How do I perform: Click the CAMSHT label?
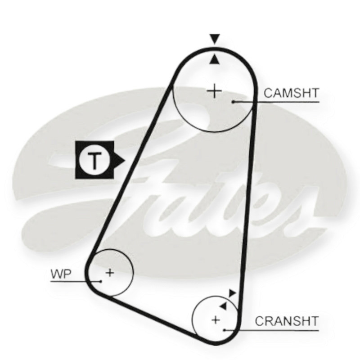(291, 93)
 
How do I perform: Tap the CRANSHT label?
(287, 321)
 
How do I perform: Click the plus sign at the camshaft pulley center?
(214, 91)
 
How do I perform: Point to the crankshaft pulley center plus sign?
(216, 320)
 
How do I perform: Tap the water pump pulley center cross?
(110, 273)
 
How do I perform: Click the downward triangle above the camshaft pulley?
(215, 39)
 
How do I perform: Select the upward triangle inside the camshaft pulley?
(215, 59)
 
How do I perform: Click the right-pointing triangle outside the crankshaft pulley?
(232, 293)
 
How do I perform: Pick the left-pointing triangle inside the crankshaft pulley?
(223, 306)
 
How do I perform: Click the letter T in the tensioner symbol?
(94, 160)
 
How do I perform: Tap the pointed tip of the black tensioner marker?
(125, 160)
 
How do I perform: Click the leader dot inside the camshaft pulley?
(233, 102)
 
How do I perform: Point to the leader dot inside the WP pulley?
(100, 281)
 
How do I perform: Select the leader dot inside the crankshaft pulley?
(225, 330)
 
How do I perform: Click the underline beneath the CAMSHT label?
(276, 102)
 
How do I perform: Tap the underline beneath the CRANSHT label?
(272, 330)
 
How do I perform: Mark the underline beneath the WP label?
(76, 281)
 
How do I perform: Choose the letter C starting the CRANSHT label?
(260, 321)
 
